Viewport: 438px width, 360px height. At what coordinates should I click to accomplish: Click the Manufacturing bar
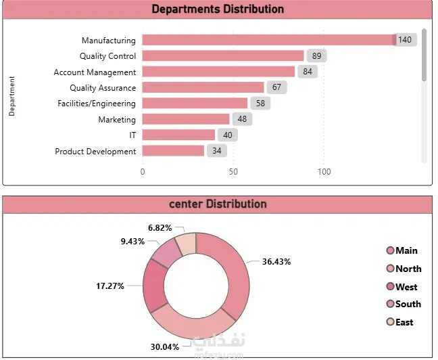[x=267, y=41]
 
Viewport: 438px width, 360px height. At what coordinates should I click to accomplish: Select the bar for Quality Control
[x=223, y=56]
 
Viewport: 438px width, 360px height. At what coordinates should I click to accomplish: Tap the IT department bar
[x=178, y=135]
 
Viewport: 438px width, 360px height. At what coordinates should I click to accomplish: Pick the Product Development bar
[x=173, y=151]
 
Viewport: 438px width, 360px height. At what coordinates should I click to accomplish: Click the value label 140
[x=404, y=41]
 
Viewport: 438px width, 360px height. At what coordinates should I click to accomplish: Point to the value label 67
[x=276, y=88]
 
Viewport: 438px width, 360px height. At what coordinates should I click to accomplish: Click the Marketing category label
[x=117, y=120]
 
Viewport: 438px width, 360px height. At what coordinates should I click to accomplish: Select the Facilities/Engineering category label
[x=97, y=104]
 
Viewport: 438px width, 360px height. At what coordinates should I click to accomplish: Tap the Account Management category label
[x=95, y=72]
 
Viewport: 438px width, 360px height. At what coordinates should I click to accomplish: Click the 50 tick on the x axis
[x=233, y=172]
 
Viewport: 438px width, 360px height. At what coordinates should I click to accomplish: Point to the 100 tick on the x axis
[x=324, y=172]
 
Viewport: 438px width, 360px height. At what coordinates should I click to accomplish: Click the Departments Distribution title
[x=218, y=9]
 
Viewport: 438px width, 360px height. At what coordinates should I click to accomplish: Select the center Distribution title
[x=218, y=204]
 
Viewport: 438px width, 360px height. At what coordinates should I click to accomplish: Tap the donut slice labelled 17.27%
[x=155, y=286]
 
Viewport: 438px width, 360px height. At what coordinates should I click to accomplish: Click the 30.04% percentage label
[x=165, y=347]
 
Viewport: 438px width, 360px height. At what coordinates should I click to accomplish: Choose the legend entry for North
[x=408, y=269]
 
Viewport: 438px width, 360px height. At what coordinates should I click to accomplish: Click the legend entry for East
[x=404, y=322]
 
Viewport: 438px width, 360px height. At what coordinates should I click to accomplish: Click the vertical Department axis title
[x=12, y=96]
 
